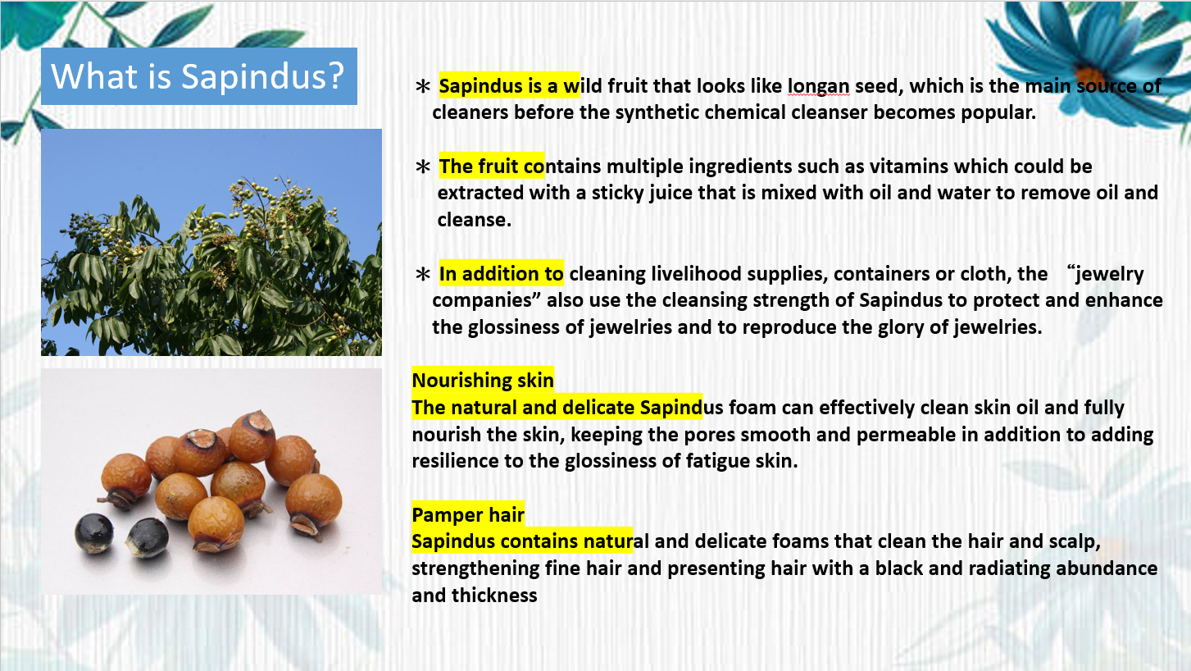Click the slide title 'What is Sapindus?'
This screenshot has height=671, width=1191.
[x=198, y=76]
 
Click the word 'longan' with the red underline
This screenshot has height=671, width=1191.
[x=818, y=86]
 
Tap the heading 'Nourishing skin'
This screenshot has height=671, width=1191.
[x=483, y=381]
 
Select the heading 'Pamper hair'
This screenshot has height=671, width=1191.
[x=468, y=514]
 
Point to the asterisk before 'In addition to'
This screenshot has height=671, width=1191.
[x=423, y=274]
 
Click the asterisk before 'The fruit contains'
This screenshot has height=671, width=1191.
[x=423, y=167]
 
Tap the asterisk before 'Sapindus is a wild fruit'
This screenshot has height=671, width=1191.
[x=423, y=86]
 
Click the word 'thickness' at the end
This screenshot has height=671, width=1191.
[x=494, y=595]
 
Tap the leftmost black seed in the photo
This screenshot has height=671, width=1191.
[x=93, y=533]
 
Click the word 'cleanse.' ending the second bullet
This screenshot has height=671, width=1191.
[x=475, y=220]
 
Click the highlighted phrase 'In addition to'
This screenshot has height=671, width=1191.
[x=501, y=274]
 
